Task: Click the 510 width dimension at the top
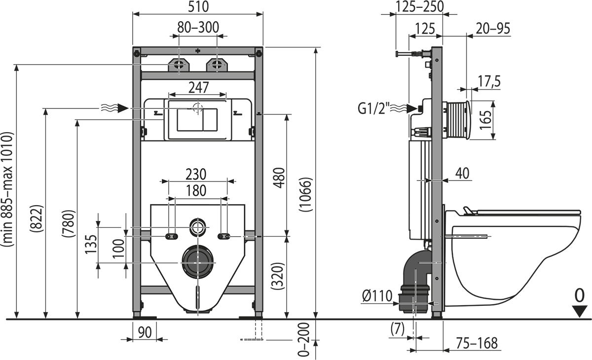(x=198, y=6)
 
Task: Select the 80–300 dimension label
(x=198, y=27)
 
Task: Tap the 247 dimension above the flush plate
(x=198, y=87)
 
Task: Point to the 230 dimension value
(x=196, y=174)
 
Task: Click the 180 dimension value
(x=196, y=190)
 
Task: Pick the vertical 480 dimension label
(x=279, y=178)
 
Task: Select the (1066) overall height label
(x=306, y=194)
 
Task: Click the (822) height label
(x=36, y=218)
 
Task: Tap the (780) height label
(x=69, y=223)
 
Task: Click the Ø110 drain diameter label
(x=377, y=295)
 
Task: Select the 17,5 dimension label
(x=489, y=81)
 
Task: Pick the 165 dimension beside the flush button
(x=485, y=120)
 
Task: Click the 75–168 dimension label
(x=477, y=343)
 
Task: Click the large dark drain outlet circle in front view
(x=198, y=262)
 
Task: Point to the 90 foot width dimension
(x=145, y=332)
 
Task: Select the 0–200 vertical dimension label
(x=303, y=339)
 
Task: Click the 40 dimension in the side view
(x=462, y=173)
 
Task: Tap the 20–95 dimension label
(x=493, y=29)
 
